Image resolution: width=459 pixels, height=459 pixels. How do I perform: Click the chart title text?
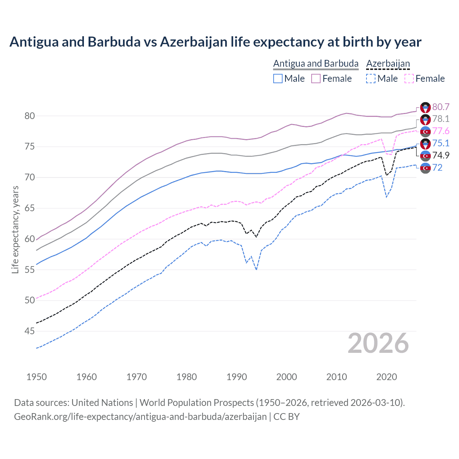click(215, 42)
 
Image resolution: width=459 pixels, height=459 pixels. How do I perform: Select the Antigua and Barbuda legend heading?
click(316, 63)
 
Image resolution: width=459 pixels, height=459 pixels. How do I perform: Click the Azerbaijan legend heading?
click(388, 63)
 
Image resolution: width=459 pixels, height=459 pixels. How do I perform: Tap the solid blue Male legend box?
click(278, 79)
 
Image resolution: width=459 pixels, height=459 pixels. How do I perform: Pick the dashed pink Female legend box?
click(409, 79)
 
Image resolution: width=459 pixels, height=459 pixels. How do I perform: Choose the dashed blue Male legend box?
click(371, 79)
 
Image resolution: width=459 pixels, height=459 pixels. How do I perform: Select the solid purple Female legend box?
click(316, 79)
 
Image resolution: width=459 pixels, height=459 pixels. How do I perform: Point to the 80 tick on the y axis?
click(30, 116)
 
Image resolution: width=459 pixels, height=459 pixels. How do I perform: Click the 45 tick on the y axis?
click(30, 331)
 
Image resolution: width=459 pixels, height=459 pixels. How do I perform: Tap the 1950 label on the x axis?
click(37, 377)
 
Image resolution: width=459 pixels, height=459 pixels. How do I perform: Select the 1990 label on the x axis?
click(237, 377)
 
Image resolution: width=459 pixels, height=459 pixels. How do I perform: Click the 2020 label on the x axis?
click(387, 377)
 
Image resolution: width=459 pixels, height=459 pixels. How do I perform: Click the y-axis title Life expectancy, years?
click(15, 229)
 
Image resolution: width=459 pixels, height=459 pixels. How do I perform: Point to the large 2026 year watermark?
click(378, 343)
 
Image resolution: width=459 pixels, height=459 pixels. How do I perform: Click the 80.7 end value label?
click(441, 107)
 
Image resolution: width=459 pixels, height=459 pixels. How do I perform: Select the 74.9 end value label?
click(441, 155)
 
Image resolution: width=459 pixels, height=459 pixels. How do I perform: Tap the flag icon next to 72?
click(425, 168)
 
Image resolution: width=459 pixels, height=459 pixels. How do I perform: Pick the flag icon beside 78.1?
click(425, 119)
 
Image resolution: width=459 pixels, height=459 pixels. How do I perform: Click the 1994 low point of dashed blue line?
click(256, 270)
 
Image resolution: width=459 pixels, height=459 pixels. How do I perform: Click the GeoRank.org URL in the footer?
click(140, 417)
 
